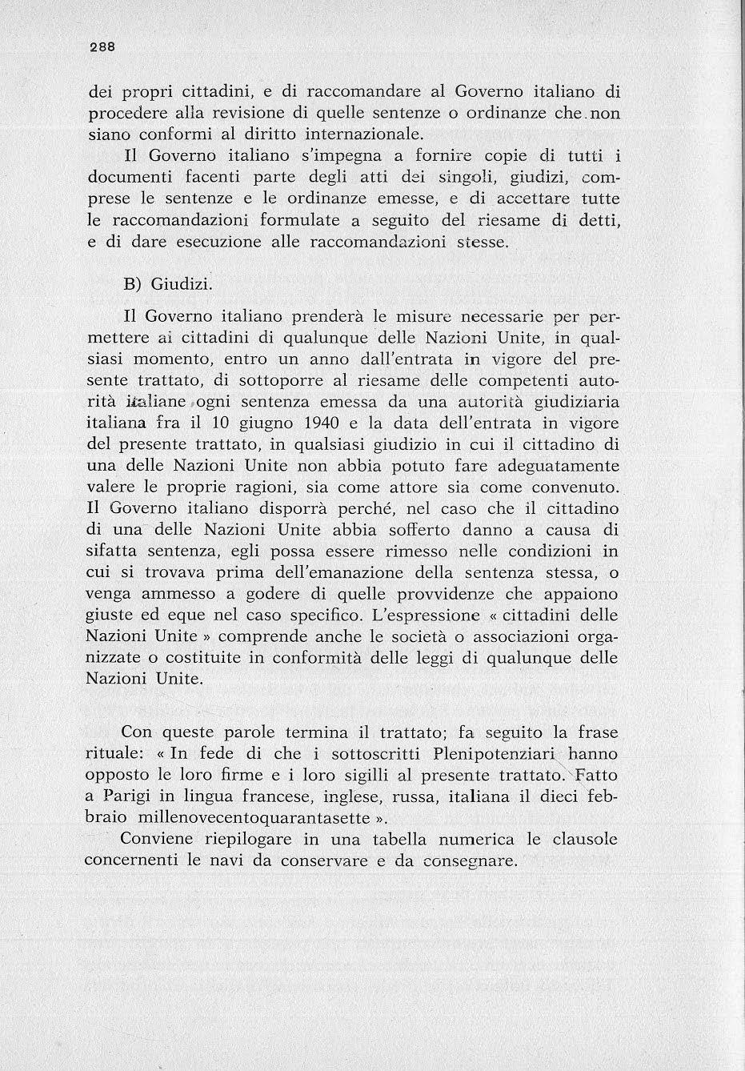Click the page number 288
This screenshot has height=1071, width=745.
coord(102,46)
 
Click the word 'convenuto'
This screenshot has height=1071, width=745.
coord(564,487)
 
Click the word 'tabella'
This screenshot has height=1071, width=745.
coord(407,840)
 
